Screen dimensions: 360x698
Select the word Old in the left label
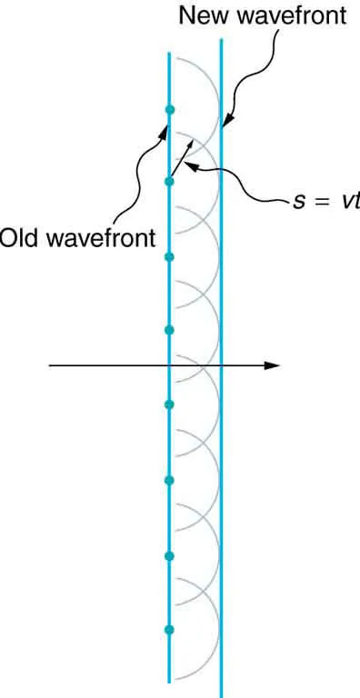[x=16, y=238]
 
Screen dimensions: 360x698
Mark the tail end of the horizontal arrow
[x=50, y=365]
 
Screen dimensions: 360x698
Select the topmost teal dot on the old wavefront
[x=169, y=110]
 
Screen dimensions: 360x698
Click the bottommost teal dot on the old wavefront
[x=169, y=629]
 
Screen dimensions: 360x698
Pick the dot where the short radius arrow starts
[x=169, y=182]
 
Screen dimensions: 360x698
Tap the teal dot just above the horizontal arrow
[x=169, y=330]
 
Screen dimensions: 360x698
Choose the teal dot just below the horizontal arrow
[x=169, y=404]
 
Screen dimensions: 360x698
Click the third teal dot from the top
[x=169, y=257]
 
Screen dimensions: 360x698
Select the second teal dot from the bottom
[x=169, y=555]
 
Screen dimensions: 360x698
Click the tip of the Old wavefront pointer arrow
[x=167, y=125]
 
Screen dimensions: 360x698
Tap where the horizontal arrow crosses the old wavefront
[x=169, y=365]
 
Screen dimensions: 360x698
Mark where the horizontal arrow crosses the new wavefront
[x=221, y=365]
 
